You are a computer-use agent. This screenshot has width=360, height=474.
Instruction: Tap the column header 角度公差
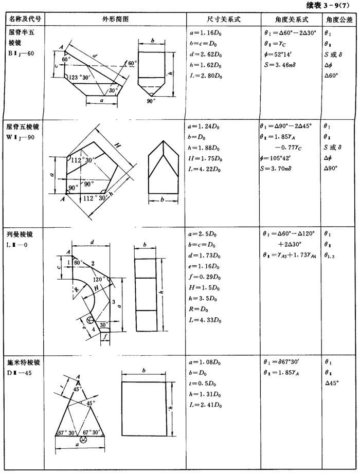tap(338, 20)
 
